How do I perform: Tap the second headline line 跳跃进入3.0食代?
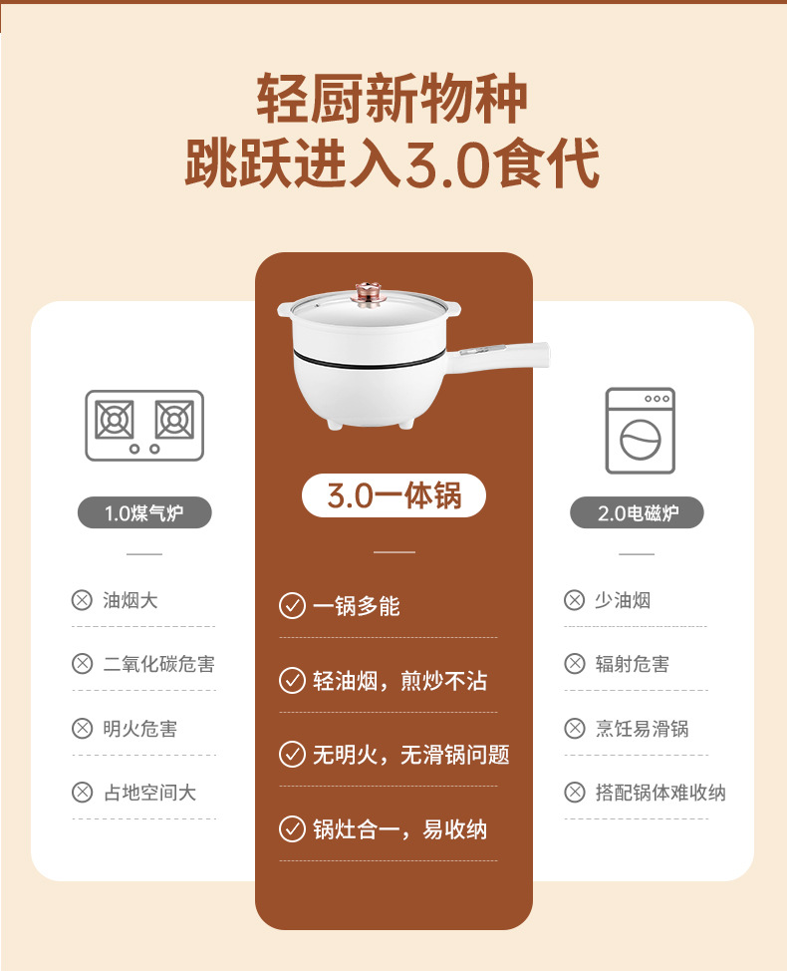[x=393, y=164]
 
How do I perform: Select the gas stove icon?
[x=144, y=425]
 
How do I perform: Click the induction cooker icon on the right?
[x=640, y=431]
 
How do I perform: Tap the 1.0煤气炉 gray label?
[x=144, y=513]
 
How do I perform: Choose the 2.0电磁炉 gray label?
[x=637, y=513]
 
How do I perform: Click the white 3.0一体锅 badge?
[x=393, y=495]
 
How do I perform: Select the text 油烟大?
[x=131, y=600]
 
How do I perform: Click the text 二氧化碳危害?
[x=158, y=664]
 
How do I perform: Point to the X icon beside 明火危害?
[x=82, y=729]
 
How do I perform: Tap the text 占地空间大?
[x=149, y=793]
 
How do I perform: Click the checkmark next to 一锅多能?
[x=292, y=606]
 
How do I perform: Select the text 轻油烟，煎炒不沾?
[x=399, y=681]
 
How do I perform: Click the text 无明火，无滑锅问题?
[x=410, y=755]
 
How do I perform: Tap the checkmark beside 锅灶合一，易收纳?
[x=292, y=829]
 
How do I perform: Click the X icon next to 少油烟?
[x=574, y=600]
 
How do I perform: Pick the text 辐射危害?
[x=632, y=664]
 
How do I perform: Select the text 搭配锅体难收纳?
[x=659, y=793]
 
